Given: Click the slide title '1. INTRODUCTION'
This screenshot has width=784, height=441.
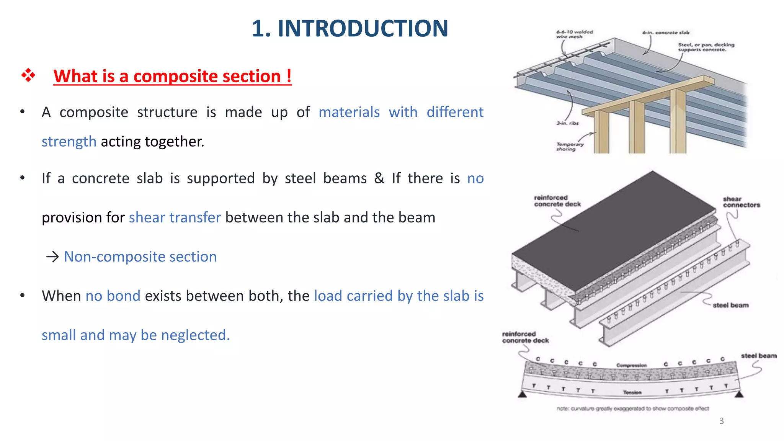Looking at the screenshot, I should pyautogui.click(x=350, y=29).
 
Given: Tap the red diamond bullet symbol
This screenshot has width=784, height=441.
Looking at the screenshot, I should pyautogui.click(x=28, y=75).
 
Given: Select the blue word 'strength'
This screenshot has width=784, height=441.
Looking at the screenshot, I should pyautogui.click(x=69, y=142).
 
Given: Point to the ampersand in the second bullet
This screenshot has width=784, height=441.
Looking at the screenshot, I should pyautogui.click(x=379, y=178).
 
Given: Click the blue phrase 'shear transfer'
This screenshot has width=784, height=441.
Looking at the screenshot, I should pyautogui.click(x=175, y=217).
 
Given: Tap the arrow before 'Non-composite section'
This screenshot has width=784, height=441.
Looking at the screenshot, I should pyautogui.click(x=52, y=256).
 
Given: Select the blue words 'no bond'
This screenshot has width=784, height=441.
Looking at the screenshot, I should pyautogui.click(x=113, y=296).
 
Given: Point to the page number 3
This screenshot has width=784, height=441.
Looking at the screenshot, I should pyautogui.click(x=721, y=421).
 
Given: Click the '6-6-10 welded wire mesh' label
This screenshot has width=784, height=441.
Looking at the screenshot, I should pyautogui.click(x=574, y=34).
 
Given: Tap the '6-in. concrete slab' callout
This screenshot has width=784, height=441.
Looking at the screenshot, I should pyautogui.click(x=666, y=33).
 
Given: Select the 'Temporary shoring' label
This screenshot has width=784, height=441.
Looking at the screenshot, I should pyautogui.click(x=570, y=147).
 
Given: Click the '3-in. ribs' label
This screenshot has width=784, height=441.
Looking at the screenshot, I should pyautogui.click(x=567, y=123).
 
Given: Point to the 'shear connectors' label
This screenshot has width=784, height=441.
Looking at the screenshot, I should pyautogui.click(x=741, y=202).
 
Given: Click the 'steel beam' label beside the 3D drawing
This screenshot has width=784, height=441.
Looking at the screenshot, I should pyautogui.click(x=730, y=305).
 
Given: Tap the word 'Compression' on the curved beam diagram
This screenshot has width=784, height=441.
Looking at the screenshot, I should pyautogui.click(x=631, y=365).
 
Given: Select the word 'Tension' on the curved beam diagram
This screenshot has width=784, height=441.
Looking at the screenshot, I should pyautogui.click(x=632, y=392).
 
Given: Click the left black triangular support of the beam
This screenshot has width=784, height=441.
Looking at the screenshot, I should pyautogui.click(x=522, y=394).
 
